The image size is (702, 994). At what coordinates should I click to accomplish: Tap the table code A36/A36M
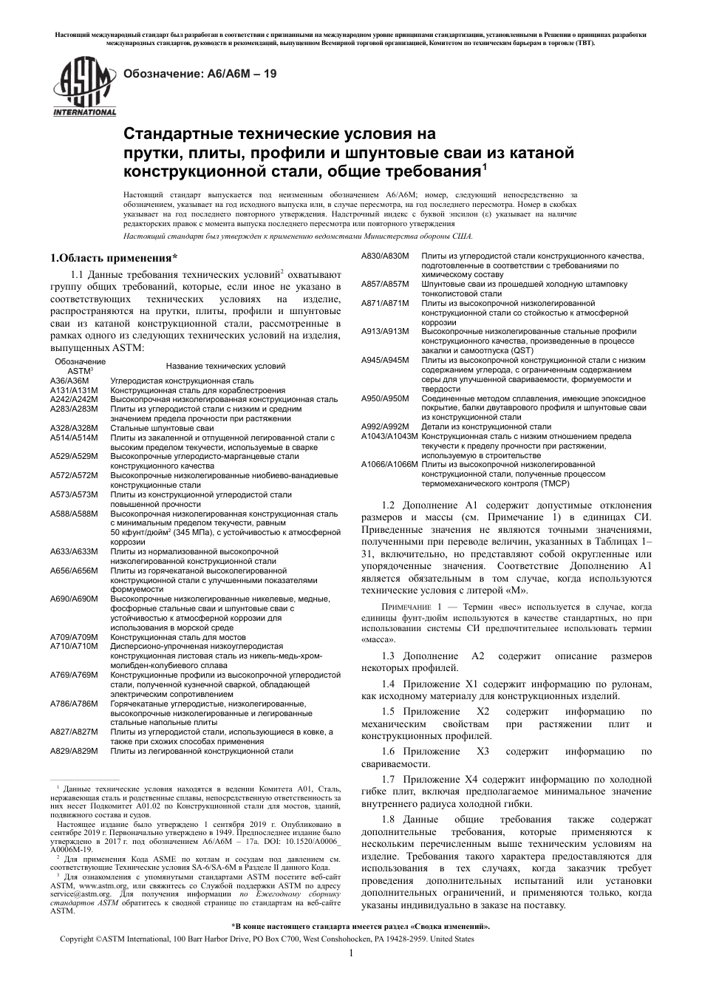69,381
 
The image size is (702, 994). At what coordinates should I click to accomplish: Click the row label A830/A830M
385,256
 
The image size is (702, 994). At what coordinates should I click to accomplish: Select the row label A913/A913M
385,331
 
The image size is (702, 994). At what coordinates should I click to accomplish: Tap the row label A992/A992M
385,426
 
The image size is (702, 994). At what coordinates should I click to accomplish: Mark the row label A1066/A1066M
389,464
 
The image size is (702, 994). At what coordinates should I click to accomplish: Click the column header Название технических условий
225,366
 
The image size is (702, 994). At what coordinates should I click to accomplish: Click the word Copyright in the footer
76,939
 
